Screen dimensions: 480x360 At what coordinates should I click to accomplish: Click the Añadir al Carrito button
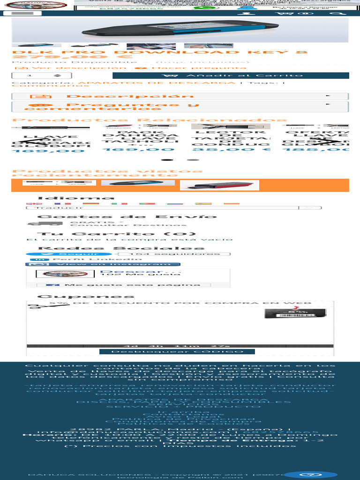tap(231, 75)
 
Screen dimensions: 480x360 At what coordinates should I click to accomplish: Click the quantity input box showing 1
tap(36, 75)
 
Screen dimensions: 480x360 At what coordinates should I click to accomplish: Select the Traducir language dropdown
tap(173, 207)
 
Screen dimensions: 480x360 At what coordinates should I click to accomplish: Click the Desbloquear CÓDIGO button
tap(177, 352)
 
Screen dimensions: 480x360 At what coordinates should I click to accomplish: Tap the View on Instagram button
tap(103, 264)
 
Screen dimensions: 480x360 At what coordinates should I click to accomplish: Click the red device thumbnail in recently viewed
tap(219, 185)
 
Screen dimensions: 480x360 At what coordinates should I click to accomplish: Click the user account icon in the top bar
tap(243, 13)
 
